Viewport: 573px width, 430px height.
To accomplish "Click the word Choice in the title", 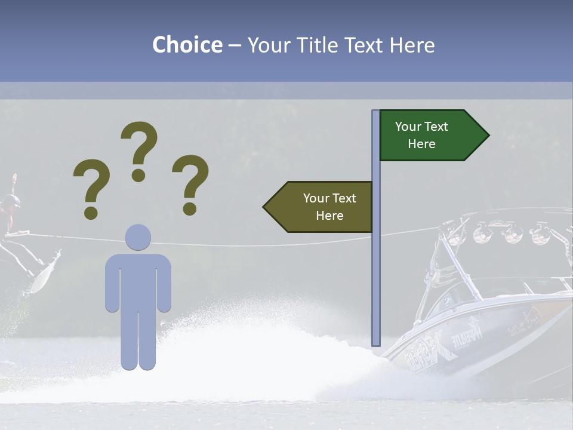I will tap(187, 45).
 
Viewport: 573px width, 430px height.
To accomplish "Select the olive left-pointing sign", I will tap(322, 207).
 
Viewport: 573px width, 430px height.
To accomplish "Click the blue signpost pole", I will tap(376, 269).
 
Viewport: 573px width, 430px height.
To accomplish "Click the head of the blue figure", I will tap(138, 237).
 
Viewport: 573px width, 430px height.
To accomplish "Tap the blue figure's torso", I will tap(138, 281).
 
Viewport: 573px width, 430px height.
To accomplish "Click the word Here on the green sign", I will tap(421, 144).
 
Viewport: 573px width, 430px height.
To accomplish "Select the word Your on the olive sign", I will tap(316, 198).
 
